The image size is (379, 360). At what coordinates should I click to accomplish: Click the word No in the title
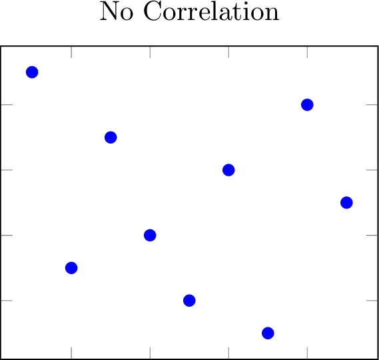coord(117,11)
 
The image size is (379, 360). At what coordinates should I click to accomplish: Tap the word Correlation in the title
coord(212,11)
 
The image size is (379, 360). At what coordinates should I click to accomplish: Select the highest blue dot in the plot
coord(32,72)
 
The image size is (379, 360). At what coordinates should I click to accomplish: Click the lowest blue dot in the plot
coord(268,333)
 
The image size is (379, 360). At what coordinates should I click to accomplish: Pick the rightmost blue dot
coord(346,202)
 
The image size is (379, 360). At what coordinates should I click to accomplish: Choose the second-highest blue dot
coord(307,104)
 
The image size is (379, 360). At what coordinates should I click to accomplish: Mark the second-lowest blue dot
coord(189,301)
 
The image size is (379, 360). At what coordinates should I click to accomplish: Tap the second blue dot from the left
coord(71,268)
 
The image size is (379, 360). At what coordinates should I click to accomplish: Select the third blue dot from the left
coord(111,137)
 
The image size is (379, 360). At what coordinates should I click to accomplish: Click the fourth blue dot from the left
coord(150,235)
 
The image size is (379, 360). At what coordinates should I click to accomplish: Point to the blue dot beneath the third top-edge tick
coord(228,170)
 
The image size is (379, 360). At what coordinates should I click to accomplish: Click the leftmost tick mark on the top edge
coord(71,52)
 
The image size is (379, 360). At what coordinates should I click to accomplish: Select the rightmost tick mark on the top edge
coord(307,52)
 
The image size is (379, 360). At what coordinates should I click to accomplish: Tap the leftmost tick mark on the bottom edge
coord(71,353)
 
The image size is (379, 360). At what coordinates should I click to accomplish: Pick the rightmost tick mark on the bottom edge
coord(307,353)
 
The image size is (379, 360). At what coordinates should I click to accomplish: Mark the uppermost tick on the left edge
coord(7,104)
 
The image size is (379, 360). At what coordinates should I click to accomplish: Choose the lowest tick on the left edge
coord(7,301)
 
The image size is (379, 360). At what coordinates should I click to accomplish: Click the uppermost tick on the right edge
coord(372,104)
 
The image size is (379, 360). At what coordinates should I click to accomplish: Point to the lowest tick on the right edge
coord(372,301)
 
